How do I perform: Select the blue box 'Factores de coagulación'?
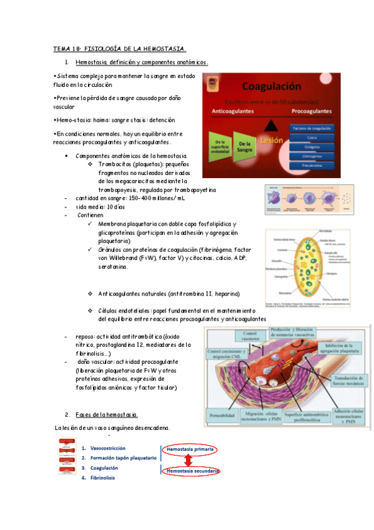point(312,128)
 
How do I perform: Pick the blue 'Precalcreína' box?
point(312,165)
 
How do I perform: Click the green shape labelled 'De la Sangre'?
point(244,147)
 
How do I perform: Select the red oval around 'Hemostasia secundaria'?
point(192,471)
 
